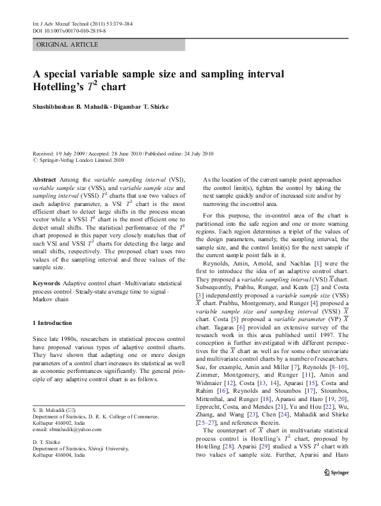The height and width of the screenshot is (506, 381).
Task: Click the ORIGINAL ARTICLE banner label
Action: pyautogui.click(x=67, y=44)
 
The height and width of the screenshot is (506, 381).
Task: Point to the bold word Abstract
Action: pyautogui.click(x=44, y=180)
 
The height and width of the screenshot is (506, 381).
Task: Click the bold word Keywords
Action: pyautogui.click(x=46, y=283)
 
